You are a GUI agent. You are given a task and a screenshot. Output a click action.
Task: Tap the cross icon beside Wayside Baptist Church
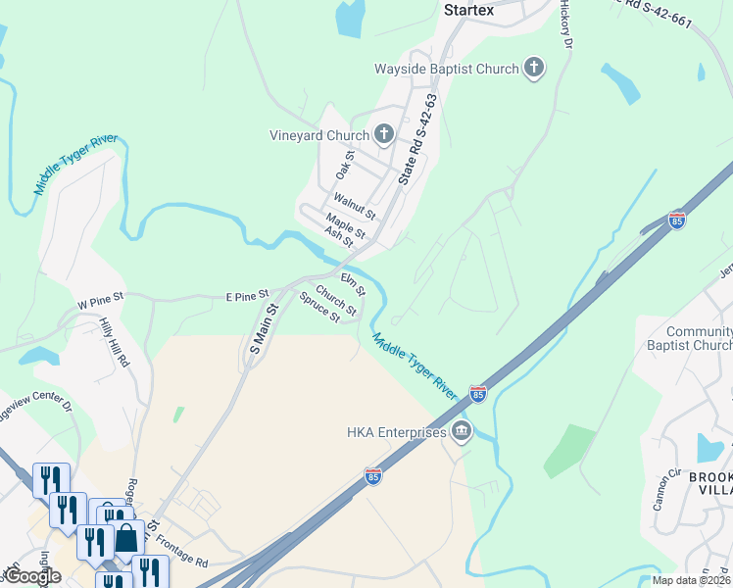point(534,68)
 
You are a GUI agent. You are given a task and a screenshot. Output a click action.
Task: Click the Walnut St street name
point(354,207)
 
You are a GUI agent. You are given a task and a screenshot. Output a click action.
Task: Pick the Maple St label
point(345,227)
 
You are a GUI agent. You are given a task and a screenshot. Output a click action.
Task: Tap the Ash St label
point(338,238)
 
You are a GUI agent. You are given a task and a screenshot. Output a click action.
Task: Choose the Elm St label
point(353,284)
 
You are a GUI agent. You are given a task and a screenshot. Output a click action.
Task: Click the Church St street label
point(335,301)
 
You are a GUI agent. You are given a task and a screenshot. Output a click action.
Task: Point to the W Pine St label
point(101,296)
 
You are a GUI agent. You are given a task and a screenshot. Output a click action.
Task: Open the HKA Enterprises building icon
point(462,431)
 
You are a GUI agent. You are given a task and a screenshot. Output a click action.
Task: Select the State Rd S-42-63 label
point(416,140)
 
